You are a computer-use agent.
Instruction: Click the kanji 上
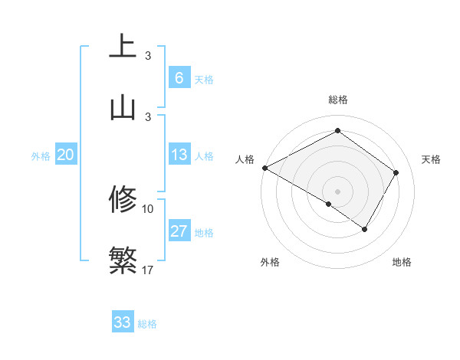[123, 47]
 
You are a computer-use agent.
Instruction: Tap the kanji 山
[123, 107]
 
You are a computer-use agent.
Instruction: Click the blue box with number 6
[179, 77]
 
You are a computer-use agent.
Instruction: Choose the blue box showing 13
[179, 155]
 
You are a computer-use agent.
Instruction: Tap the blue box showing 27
[179, 231]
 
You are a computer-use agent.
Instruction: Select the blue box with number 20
[65, 155]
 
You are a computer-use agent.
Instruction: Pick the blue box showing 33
[123, 322]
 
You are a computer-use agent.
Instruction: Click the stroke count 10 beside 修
[148, 208]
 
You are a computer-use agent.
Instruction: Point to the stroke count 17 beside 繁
[148, 270]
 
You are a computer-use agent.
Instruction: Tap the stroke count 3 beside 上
[148, 56]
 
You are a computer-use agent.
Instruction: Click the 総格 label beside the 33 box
[147, 324]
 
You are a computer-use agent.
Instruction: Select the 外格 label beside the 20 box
[41, 156]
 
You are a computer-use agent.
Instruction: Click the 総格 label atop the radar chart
[337, 100]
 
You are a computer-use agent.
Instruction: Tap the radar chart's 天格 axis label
[431, 159]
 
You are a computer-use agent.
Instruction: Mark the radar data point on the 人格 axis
[264, 167]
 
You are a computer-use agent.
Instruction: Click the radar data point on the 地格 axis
[365, 229]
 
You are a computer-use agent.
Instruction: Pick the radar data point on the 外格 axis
[329, 204]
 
